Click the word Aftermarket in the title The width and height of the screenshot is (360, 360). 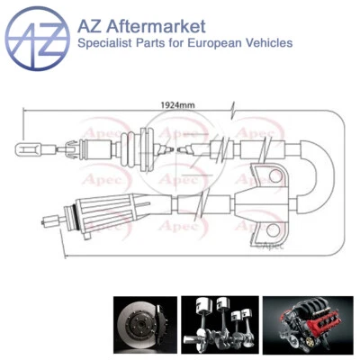click(x=155, y=25)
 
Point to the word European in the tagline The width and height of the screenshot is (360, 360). click(x=207, y=43)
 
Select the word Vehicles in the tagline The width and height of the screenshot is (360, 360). click(x=267, y=43)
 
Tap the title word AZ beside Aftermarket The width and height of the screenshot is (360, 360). click(x=93, y=25)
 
